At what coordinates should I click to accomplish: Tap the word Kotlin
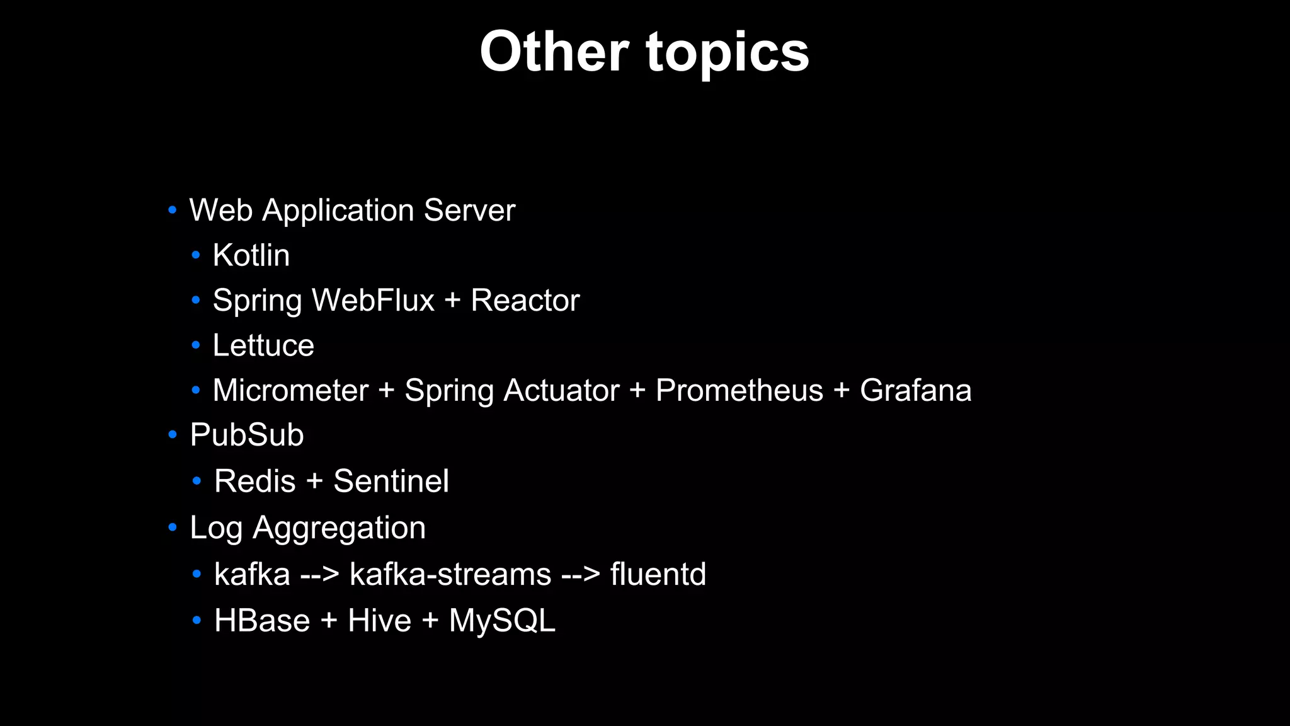coord(251,255)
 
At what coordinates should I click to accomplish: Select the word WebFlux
coord(373,300)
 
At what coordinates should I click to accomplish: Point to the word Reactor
coord(525,300)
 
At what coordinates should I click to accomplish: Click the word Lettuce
coord(263,345)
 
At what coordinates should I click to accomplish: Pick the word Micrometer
coord(290,390)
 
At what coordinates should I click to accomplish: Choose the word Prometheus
coord(739,390)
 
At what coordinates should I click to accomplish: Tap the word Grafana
coord(915,390)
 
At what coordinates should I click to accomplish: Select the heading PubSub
coord(247,435)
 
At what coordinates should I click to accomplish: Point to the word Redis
coord(254,481)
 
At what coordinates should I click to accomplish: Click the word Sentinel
coord(391,481)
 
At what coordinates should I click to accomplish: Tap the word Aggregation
coord(339,527)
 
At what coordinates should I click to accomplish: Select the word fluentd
coord(658,574)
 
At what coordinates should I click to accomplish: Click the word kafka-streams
coord(450,574)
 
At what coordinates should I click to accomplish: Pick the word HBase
coord(262,621)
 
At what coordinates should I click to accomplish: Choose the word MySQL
coord(502,621)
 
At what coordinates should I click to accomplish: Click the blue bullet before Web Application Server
coord(172,210)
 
